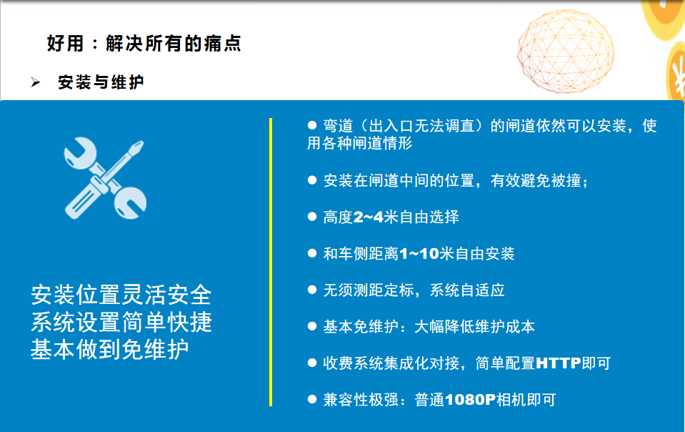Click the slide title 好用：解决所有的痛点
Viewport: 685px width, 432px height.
pos(144,44)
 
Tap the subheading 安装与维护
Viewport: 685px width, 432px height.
pos(101,82)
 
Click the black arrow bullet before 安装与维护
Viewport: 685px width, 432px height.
pos(36,82)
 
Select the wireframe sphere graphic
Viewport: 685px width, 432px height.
pos(565,51)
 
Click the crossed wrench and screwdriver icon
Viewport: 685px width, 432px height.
pos(105,178)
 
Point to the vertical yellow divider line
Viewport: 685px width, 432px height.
pos(271,262)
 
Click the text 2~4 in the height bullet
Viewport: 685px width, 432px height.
pos(368,217)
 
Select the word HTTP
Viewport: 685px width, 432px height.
pos(559,363)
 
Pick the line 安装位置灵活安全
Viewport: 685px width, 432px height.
pos(121,295)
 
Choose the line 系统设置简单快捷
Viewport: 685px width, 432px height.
pos(121,323)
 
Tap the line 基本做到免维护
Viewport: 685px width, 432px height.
pos(110,350)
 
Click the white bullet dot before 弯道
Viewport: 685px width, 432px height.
pos(312,125)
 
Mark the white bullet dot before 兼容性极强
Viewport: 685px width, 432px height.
pos(312,399)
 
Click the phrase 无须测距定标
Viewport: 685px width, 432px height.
pos(369,290)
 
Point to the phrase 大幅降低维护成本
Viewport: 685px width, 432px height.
pos(474,327)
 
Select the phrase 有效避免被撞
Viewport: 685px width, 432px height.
pos(536,180)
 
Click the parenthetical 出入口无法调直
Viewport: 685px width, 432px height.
pos(421,126)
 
